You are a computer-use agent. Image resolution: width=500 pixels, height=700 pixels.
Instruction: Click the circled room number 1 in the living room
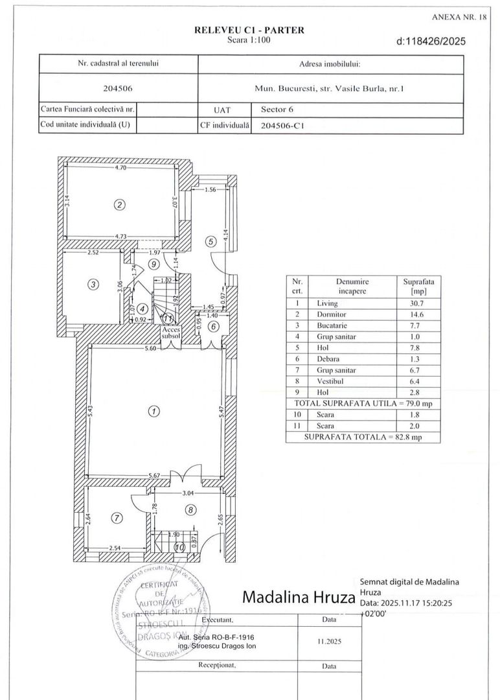(x=153, y=411)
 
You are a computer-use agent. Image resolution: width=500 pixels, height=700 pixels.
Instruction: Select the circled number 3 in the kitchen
(x=93, y=284)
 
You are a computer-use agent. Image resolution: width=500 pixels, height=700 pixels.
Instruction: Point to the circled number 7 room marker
(x=117, y=518)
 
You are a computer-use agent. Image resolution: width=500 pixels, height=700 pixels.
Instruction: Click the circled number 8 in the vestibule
(x=191, y=510)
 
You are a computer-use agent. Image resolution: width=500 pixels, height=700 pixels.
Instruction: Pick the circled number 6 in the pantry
(x=212, y=326)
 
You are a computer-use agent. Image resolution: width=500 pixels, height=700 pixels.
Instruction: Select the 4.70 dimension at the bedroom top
(x=120, y=168)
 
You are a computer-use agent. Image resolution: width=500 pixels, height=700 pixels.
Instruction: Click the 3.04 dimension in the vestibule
(x=188, y=493)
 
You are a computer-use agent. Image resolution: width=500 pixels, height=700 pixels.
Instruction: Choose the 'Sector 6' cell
(x=277, y=110)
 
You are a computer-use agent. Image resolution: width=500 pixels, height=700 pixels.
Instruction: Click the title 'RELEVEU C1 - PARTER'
(x=249, y=30)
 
